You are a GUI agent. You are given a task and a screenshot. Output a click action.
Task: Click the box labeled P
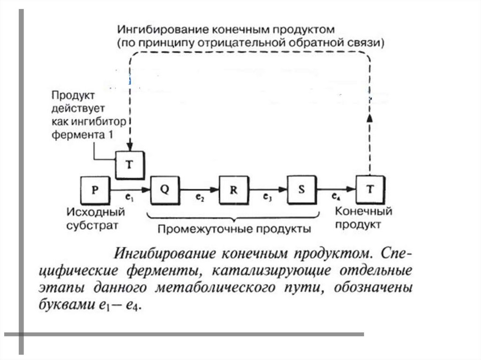[x=95, y=190]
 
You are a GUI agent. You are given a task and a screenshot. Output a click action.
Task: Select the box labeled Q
[x=164, y=190]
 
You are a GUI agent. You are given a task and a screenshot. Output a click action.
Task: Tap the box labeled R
[x=233, y=190]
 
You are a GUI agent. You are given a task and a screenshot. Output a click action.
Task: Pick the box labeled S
[x=302, y=190]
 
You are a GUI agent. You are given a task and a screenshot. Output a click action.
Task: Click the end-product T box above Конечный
[x=370, y=190]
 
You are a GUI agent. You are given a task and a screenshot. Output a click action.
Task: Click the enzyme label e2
[x=199, y=199]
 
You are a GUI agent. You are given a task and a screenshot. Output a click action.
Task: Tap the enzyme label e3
[x=268, y=199]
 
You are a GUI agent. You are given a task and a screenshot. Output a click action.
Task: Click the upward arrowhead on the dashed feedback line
[x=370, y=118]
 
